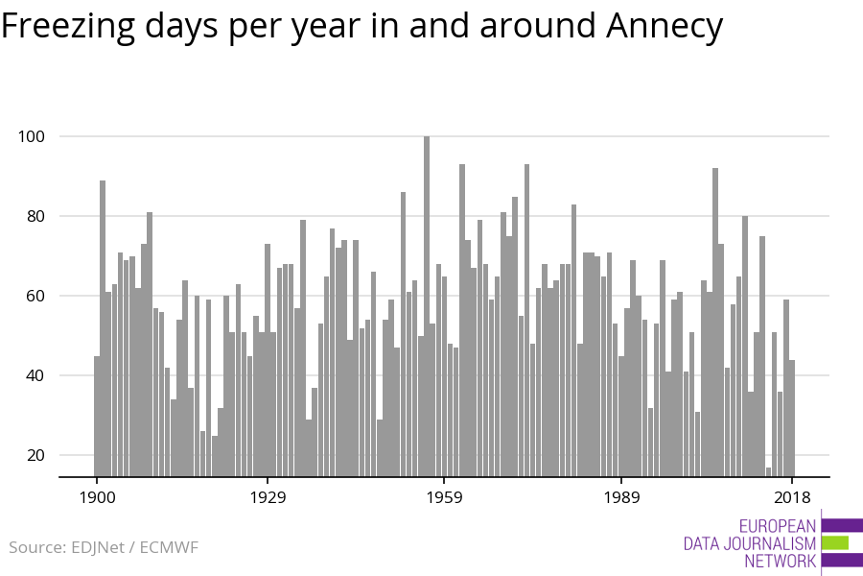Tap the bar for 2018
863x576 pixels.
(792, 418)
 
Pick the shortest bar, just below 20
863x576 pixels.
(768, 471)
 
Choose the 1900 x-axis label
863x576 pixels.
(97, 497)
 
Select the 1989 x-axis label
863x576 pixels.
(621, 497)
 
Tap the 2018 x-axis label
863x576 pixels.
(792, 497)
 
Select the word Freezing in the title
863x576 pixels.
(68, 27)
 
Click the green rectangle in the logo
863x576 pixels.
(835, 543)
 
